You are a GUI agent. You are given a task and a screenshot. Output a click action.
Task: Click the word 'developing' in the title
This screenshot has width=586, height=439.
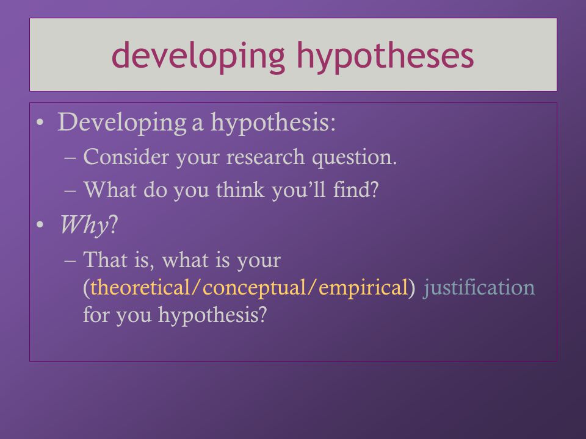[198, 56]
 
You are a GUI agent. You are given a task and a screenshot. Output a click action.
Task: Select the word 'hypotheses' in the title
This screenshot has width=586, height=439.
[385, 56]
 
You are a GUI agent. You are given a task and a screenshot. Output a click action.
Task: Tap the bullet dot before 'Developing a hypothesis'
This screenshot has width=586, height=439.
[40, 123]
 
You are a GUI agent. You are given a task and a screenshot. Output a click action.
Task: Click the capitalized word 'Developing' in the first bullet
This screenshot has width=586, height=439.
[122, 123]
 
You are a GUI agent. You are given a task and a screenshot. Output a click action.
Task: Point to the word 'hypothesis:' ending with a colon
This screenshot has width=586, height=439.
[273, 123]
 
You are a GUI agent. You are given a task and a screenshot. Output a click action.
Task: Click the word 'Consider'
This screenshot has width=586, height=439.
[126, 157]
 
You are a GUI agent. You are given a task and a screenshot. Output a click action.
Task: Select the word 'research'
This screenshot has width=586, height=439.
[266, 158]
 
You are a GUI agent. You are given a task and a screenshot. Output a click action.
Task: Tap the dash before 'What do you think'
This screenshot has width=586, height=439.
[70, 190]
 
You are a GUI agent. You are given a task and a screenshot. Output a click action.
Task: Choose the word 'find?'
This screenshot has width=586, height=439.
[356, 190]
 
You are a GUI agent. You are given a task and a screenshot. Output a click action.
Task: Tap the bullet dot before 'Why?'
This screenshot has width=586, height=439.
[40, 225]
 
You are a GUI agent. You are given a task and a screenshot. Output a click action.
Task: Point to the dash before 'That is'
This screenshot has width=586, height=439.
[70, 260]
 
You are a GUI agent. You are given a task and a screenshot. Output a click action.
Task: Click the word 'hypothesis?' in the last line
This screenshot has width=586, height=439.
[212, 315]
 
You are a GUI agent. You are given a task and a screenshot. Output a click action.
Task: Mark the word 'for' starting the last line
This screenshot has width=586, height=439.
[96, 315]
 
